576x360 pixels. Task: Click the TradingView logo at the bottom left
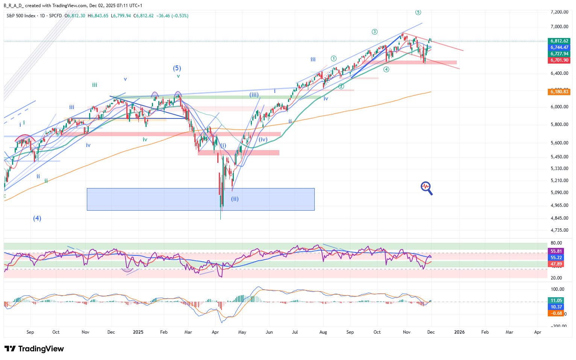coord(34,349)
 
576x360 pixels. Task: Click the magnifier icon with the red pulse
coord(426,188)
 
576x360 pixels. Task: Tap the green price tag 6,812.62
coord(559,41)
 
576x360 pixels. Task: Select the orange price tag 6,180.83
coord(559,92)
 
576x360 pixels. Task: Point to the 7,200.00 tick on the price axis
coord(559,12)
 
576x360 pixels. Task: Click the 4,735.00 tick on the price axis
coord(559,230)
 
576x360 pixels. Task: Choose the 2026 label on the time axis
coord(459,332)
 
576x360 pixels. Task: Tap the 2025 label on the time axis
coord(138,332)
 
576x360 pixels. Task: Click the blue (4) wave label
coord(37,218)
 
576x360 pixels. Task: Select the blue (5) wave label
coord(177,68)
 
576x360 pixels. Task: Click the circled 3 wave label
coord(374,32)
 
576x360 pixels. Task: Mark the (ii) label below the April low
coord(235,199)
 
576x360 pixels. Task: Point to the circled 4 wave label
coord(386,70)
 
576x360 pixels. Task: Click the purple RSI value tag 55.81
coord(556,251)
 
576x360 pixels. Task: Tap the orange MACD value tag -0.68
coord(556,313)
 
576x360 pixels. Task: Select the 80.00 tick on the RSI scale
coord(556,243)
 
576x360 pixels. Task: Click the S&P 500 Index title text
coord(21,16)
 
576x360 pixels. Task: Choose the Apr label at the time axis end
coord(538,332)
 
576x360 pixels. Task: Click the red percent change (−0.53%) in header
coord(180,16)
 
